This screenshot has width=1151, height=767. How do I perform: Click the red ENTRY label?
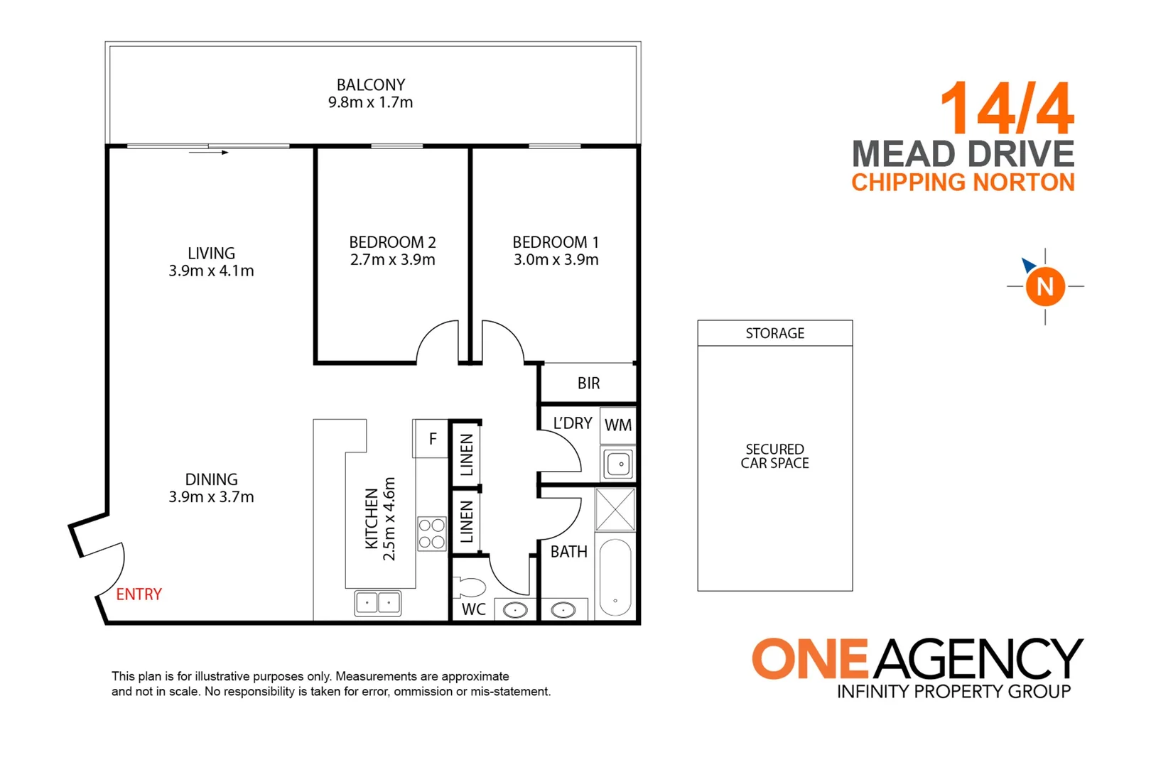coord(139,594)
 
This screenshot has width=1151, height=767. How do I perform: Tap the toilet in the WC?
coord(470,587)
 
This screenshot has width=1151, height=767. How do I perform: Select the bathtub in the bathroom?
coord(615,577)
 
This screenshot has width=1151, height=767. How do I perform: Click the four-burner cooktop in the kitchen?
coord(431,534)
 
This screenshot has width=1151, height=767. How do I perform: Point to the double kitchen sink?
coord(377,604)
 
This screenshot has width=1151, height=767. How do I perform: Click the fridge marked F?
coord(431,439)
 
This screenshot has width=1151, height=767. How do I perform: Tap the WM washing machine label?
coord(617,425)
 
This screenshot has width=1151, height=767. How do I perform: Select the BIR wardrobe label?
coord(588,383)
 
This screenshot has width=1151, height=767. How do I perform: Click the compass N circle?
coord(1044,286)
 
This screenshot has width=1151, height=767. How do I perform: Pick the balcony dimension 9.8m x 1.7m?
coord(370,102)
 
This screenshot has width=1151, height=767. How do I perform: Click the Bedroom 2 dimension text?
coord(392,260)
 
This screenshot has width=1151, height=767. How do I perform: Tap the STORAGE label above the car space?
coord(774,333)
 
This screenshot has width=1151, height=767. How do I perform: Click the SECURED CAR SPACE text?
coord(774,456)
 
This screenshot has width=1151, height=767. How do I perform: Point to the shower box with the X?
coord(615,509)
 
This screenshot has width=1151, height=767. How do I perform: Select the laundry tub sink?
coord(619,464)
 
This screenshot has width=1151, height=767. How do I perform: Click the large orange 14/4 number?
coord(1007,108)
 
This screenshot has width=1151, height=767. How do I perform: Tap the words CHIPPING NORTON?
coord(963,183)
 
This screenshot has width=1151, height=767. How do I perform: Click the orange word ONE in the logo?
coord(810,658)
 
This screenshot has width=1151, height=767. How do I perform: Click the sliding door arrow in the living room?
coord(210,152)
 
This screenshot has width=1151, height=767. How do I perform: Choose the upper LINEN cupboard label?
coord(466,455)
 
